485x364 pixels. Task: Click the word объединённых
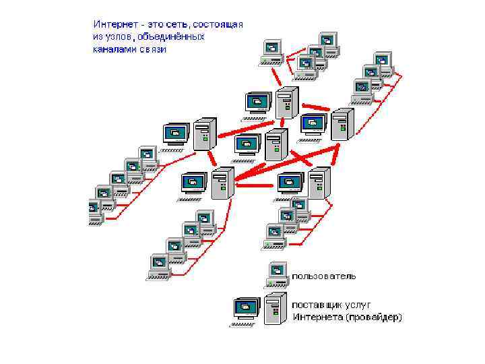[172, 37]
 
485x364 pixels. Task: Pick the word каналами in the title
[113, 49]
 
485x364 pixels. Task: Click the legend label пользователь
[325, 276]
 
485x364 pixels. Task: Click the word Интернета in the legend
[316, 317]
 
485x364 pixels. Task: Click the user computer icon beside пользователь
[276, 274]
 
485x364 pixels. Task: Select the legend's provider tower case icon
[276, 308]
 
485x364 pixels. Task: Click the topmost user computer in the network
[328, 41]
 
